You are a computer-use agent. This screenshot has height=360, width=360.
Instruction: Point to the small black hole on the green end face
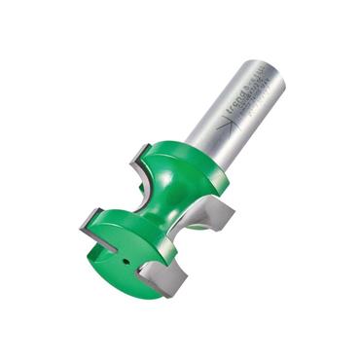[x=123, y=261]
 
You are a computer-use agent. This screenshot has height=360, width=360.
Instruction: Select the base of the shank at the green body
[x=215, y=156]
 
